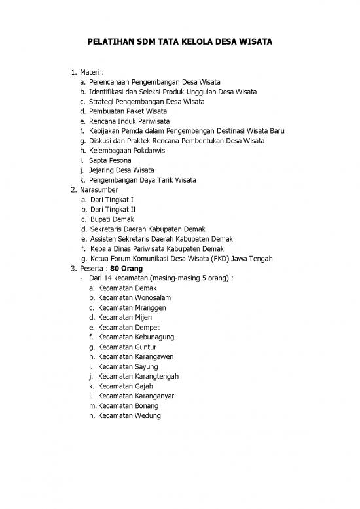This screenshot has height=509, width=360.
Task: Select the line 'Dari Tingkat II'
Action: tap(117, 210)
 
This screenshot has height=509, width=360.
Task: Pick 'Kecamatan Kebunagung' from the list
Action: tap(135, 337)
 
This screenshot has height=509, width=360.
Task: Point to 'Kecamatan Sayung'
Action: tap(128, 367)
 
